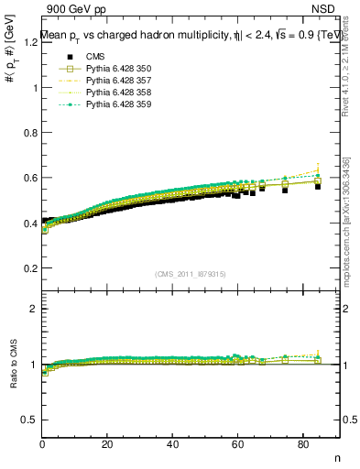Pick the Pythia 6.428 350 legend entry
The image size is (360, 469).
click(x=111, y=70)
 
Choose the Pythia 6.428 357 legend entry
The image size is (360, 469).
click(x=111, y=82)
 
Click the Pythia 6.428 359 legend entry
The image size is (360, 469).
click(x=111, y=106)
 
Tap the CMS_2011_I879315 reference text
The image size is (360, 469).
click(x=191, y=275)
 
